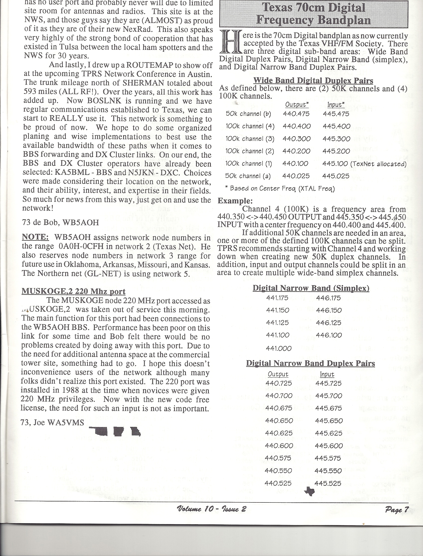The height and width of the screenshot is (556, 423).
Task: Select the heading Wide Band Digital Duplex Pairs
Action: point(313,80)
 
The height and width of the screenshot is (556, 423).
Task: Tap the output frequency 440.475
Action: point(296,114)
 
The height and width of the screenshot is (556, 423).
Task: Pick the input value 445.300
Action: point(336,139)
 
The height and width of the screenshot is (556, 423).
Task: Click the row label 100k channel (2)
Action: point(250,151)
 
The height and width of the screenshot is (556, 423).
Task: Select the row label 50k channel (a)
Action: point(248,176)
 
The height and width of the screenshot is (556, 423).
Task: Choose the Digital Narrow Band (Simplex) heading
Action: point(311,288)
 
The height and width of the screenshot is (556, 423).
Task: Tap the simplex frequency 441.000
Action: point(279,348)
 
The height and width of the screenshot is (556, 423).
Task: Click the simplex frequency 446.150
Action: point(329,310)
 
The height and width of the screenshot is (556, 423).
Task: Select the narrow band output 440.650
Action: point(279,421)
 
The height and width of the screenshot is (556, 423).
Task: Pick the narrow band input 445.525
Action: point(328,483)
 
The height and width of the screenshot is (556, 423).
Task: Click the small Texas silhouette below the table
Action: point(309,491)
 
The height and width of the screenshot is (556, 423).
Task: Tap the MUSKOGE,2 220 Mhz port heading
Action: point(73,291)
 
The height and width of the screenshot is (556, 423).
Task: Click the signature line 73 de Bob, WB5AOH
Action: point(61,222)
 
